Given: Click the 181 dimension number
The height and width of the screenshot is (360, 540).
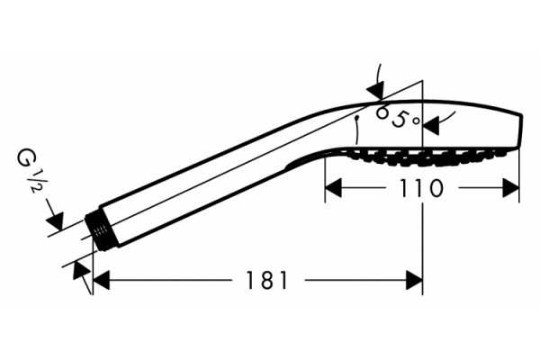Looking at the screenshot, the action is click(x=266, y=280).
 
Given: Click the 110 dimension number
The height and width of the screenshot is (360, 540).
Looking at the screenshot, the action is click(x=421, y=188).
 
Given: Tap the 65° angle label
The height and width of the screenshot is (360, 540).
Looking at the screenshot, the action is click(x=399, y=117).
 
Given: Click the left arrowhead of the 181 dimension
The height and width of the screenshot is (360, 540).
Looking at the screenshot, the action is click(x=101, y=280).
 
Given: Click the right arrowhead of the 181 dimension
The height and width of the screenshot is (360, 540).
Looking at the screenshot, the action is click(x=414, y=280).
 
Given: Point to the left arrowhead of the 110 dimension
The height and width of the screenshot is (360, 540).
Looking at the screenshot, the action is click(x=333, y=188).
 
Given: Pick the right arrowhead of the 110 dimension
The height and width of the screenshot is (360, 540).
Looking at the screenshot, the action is click(x=510, y=188).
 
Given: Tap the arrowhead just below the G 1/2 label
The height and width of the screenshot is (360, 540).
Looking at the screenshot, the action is click(x=56, y=221).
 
